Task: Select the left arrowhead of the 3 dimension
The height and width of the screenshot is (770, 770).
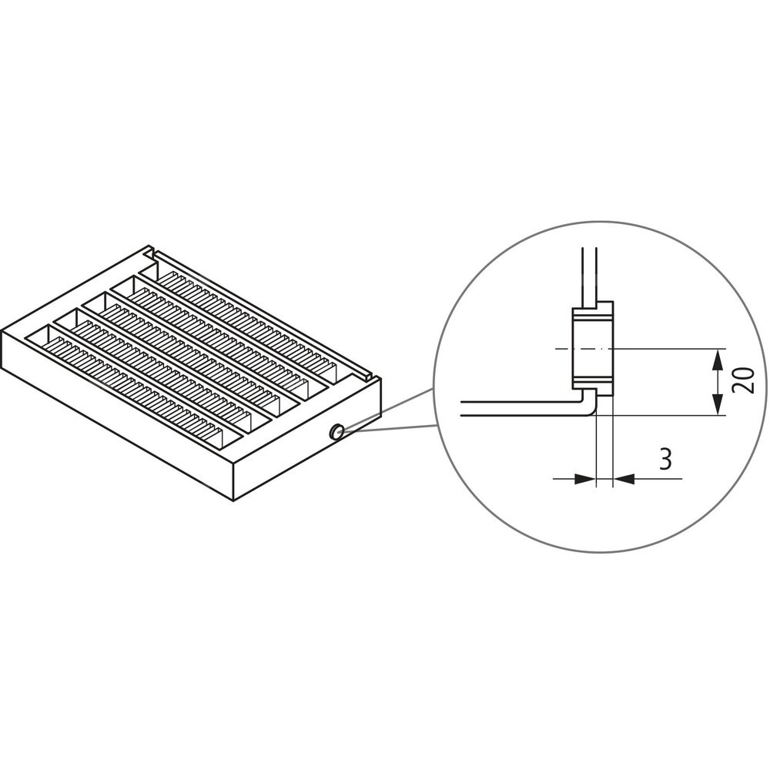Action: coord(585,478)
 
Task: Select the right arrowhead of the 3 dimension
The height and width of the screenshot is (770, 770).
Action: coord(624,478)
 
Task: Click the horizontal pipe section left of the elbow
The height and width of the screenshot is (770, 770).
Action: coord(521,409)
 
